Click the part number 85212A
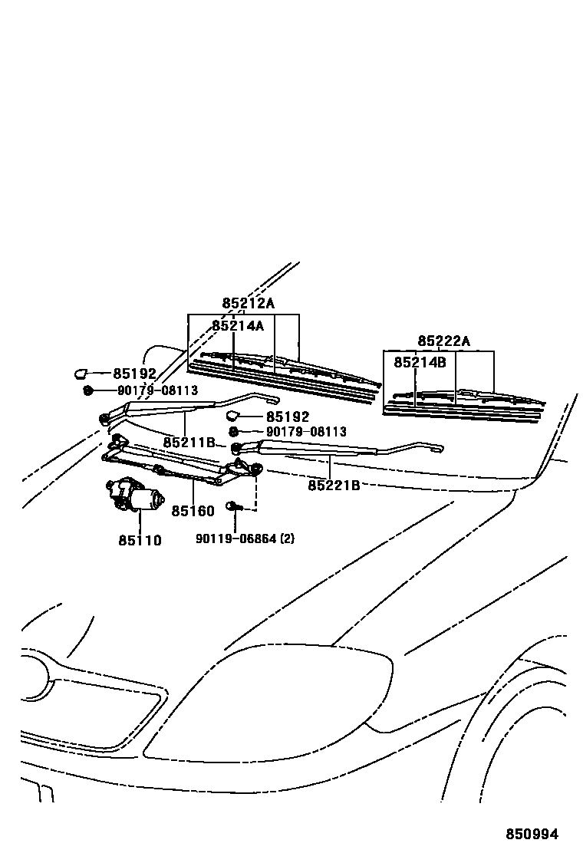248,303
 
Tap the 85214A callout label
238,325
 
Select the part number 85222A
443,341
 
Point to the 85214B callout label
420,362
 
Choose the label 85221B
334,485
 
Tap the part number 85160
193,511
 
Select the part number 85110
140,540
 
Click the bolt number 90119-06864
234,538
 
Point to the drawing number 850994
531,834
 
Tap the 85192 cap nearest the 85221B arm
232,417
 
